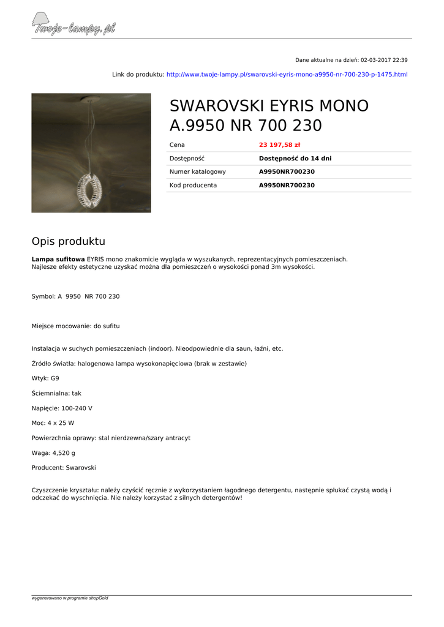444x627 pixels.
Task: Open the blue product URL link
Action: coord(287,75)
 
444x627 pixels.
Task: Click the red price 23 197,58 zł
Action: coord(279,145)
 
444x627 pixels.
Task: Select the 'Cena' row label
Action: coord(177,145)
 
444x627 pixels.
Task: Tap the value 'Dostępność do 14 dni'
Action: coord(295,159)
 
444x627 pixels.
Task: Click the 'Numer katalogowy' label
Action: coord(197,172)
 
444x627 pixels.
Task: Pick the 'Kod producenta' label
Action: coord(193,186)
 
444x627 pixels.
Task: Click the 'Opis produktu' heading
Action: coord(69,241)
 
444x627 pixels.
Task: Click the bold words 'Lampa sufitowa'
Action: coord(58,259)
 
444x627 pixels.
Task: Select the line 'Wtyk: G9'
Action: coord(45,378)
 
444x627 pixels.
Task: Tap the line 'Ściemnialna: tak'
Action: coord(56,393)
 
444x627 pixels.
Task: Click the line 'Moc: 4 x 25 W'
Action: coord(53,423)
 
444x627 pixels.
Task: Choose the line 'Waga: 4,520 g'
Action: coord(53,453)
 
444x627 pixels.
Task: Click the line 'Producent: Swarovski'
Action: coord(64,468)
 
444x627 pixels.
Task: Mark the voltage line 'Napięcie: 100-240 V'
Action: coord(62,408)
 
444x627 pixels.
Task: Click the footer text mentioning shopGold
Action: coord(70,598)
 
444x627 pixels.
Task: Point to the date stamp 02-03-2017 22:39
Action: coord(384,60)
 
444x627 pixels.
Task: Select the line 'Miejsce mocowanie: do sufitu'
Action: coord(80,326)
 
